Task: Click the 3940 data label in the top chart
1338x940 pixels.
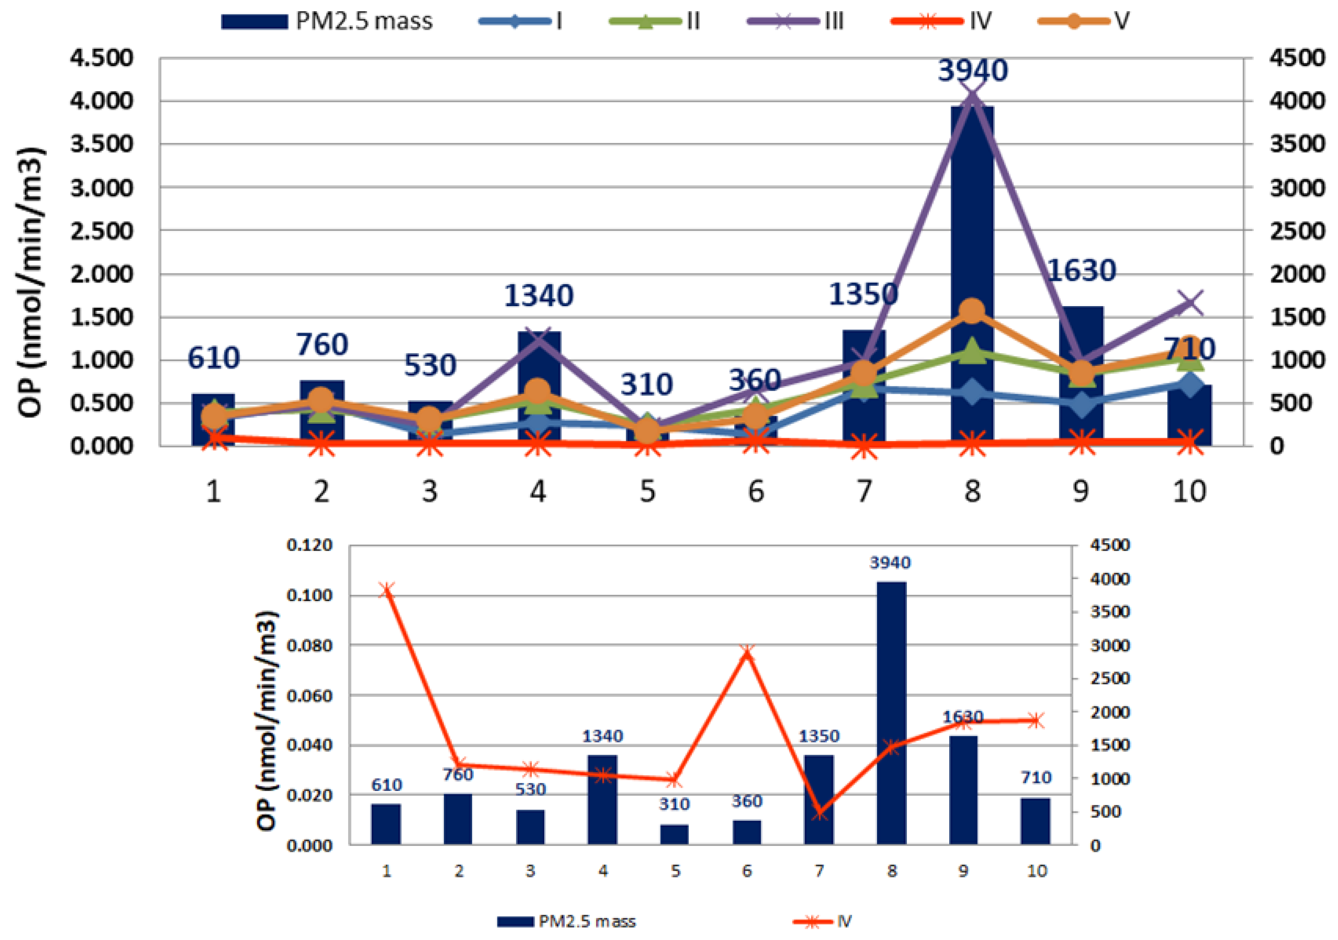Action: point(972,70)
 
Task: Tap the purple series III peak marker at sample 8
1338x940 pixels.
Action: point(972,97)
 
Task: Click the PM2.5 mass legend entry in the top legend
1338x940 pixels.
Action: point(326,22)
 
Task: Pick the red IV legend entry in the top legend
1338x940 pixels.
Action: point(941,22)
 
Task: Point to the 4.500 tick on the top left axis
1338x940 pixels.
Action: point(102,58)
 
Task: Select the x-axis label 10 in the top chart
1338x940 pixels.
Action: point(1189,492)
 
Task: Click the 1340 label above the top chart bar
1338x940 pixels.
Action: point(538,295)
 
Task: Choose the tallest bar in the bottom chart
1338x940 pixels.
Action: point(891,713)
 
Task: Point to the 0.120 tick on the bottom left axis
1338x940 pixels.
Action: point(309,545)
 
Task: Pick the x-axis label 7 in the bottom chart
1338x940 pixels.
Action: point(819,871)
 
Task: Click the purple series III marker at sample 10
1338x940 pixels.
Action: point(1189,303)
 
